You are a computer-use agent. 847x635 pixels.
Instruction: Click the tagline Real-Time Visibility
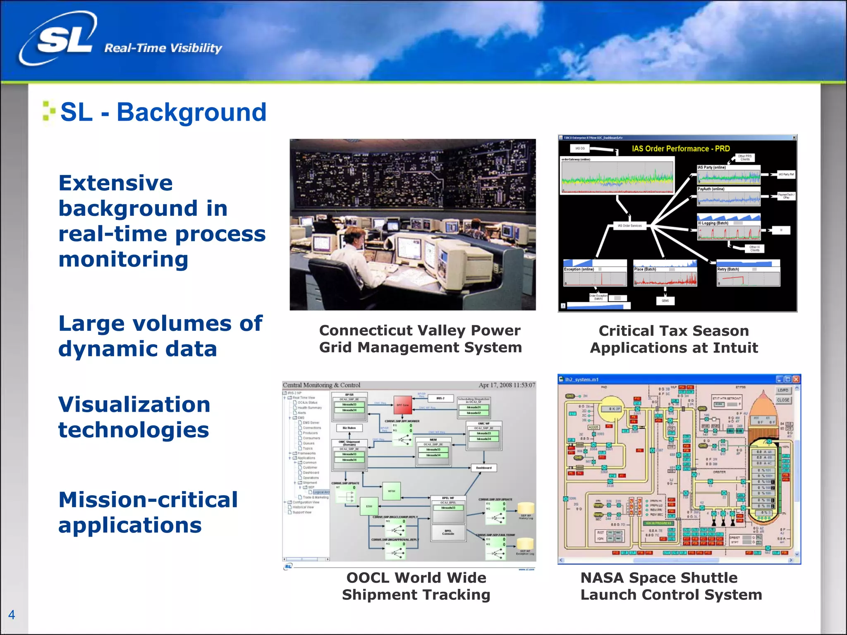click(x=163, y=48)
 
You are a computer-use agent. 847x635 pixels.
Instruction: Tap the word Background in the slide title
click(x=191, y=112)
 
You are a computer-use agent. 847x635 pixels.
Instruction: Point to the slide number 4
click(x=12, y=615)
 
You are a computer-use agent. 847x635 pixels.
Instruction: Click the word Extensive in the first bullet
click(x=116, y=183)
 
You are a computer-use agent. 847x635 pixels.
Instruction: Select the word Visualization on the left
click(x=134, y=404)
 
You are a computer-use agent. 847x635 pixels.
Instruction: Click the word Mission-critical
click(x=148, y=500)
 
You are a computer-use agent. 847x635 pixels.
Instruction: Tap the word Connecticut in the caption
click(x=366, y=331)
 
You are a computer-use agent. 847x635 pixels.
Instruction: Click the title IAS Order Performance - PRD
click(x=681, y=149)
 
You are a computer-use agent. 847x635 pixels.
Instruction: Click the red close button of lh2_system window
click(x=796, y=380)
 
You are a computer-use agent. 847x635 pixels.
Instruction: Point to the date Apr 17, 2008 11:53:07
click(x=507, y=385)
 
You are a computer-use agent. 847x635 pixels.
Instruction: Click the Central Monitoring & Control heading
click(x=321, y=385)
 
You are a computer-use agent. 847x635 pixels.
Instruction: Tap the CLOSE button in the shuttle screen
click(x=783, y=400)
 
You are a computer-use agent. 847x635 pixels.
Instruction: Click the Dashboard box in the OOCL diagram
click(x=483, y=468)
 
